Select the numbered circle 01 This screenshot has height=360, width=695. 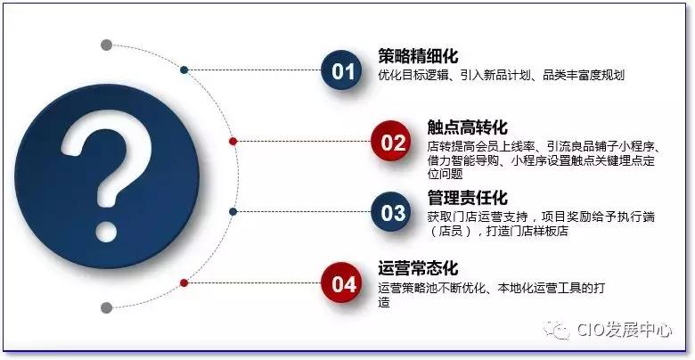coord(341,70)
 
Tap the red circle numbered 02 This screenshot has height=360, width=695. coord(393,142)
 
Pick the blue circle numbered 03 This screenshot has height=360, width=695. coord(393,212)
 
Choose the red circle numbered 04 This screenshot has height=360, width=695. coord(343,283)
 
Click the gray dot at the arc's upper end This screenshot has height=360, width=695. coord(107,45)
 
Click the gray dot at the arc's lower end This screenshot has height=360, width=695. coord(106,307)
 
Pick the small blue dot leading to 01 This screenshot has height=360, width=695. coord(184,69)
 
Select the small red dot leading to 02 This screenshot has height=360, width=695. coord(233,141)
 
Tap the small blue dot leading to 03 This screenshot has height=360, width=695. coord(233,211)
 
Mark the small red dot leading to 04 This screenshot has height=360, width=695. coord(184,282)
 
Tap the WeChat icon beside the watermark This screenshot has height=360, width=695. coord(560,331)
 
